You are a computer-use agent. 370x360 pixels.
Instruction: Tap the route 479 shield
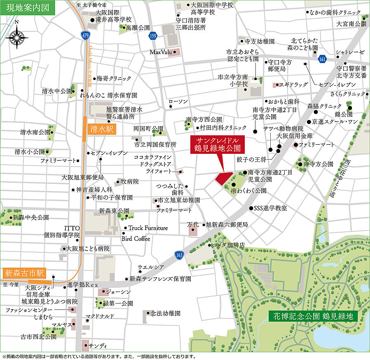click(85, 36)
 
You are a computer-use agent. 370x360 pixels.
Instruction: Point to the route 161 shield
click(323, 60)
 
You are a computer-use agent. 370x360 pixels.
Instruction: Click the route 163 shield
click(178, 255)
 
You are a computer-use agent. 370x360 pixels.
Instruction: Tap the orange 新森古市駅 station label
click(24, 273)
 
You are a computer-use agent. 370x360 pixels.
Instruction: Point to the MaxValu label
click(160, 52)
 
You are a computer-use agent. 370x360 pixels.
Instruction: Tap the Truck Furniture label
click(148, 228)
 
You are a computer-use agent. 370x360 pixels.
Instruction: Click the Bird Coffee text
click(136, 238)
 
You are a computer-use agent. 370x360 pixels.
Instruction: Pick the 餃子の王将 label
click(252, 159)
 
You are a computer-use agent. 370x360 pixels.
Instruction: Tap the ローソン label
click(178, 101)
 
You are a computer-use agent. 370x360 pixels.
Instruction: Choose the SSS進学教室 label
click(270, 208)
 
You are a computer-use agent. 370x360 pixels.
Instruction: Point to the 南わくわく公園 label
click(248, 191)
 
